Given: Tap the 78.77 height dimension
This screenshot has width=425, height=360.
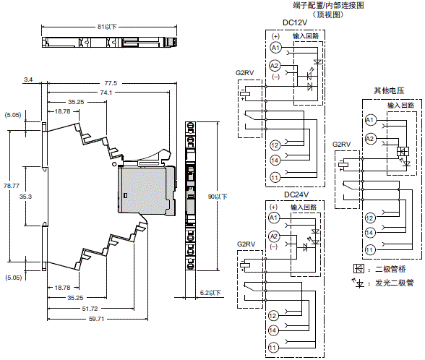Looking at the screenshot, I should [x=12, y=186].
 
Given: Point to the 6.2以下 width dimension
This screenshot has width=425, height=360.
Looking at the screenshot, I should [x=210, y=292].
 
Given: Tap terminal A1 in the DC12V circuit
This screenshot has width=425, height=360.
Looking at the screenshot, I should [x=274, y=47].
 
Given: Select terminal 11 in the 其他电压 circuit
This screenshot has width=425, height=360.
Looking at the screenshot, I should [x=369, y=250].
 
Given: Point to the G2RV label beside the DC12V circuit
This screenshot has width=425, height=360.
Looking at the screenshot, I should [x=245, y=73].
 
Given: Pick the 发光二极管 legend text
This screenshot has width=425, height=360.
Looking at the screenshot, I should [x=393, y=280].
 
